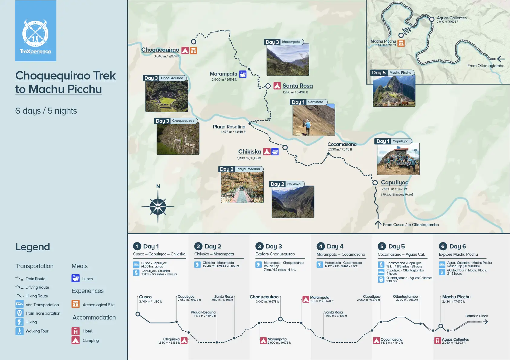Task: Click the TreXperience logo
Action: coord(36,31)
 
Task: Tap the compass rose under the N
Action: coord(158,207)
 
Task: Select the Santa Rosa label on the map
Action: coord(297,86)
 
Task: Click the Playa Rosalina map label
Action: coord(229,127)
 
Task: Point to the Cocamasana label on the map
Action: coord(342,144)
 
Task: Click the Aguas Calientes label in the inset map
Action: coord(452,18)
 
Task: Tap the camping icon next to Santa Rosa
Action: coord(277,86)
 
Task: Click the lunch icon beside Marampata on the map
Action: coord(243,74)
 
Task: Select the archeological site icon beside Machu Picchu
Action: coord(401,43)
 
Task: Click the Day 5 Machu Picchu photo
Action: coord(394,91)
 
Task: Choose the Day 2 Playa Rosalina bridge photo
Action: coord(242,187)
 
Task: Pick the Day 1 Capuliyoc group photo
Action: coord(398,159)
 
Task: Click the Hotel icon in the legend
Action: coord(76,331)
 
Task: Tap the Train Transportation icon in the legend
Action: coord(19,313)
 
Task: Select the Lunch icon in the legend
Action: coord(76,278)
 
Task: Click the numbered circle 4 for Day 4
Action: coord(321,246)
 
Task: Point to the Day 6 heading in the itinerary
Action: coord(457,246)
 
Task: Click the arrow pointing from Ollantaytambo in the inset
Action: coord(501,59)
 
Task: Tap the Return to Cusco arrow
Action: coord(485,322)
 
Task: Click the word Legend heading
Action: coord(33,247)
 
